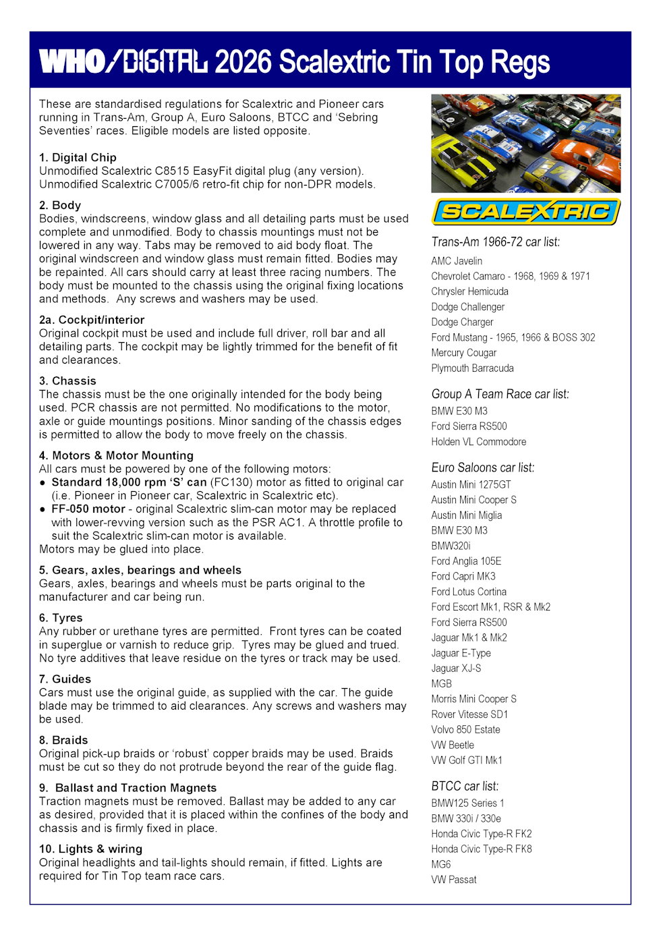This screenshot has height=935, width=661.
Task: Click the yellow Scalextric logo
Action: tap(525, 212)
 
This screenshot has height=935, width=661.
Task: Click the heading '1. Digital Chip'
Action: tap(78, 157)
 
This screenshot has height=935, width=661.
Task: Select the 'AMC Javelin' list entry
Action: tap(457, 261)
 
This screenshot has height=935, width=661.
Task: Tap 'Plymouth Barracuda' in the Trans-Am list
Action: tap(472, 368)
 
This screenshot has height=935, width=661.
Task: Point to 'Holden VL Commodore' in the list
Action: tap(478, 442)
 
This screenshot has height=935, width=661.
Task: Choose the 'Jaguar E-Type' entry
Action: tap(461, 653)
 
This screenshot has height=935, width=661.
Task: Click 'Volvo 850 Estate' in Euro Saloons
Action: tap(465, 730)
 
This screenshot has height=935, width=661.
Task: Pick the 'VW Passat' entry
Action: tap(453, 880)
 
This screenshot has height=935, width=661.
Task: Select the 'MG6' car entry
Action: tap(440, 864)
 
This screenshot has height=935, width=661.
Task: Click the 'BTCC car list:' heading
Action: tap(465, 786)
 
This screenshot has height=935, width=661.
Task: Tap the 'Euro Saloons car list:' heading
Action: tap(482, 468)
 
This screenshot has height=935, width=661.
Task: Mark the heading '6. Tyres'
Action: tap(61, 617)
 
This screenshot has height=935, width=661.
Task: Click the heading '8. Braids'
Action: tap(63, 740)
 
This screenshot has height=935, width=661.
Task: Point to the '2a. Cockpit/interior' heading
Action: tap(92, 320)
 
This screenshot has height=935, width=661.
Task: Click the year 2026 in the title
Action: tap(243, 62)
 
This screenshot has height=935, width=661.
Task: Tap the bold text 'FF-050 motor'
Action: tap(88, 509)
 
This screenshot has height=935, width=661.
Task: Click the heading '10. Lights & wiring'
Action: tap(90, 849)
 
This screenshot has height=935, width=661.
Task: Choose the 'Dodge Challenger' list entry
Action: tap(467, 307)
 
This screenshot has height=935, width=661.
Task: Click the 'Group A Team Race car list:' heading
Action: tap(500, 394)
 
